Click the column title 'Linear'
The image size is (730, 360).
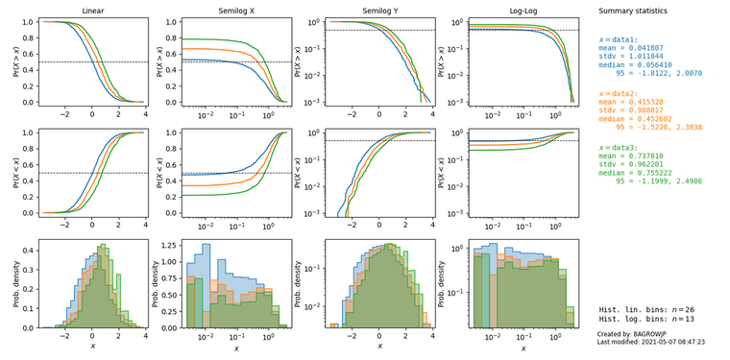93,11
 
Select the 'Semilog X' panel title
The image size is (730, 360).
236,11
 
